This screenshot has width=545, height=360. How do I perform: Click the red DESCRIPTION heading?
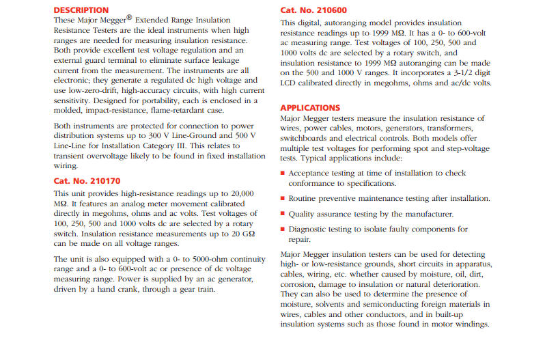[x=81, y=10]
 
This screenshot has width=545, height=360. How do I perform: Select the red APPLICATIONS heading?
[x=310, y=108]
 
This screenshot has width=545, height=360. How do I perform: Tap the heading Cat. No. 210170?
[x=87, y=181]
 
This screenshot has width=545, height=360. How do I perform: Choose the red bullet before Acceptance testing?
[x=283, y=174]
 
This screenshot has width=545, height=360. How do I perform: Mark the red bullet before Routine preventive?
[x=283, y=198]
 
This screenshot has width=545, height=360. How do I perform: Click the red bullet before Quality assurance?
[x=283, y=214]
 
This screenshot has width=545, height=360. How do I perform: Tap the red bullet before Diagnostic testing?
[x=283, y=230]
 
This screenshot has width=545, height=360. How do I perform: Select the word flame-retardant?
[x=171, y=110]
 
